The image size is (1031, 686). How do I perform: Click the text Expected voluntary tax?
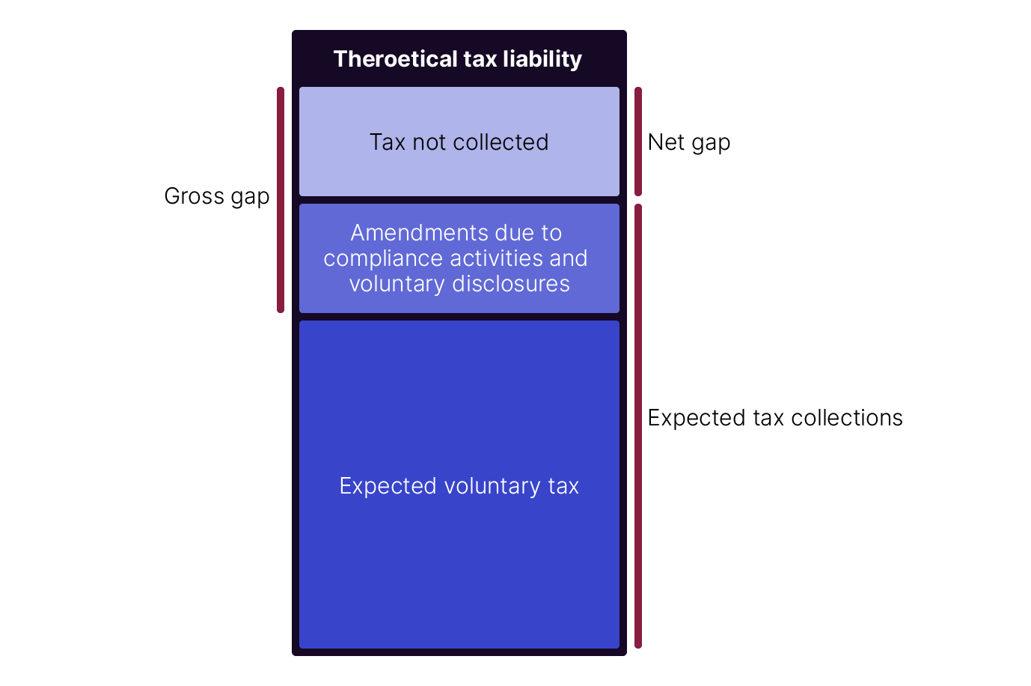[x=459, y=486]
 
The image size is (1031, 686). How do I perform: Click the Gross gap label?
[x=217, y=196]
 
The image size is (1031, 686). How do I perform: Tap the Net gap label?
[x=689, y=142]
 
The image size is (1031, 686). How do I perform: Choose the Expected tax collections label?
[x=775, y=418]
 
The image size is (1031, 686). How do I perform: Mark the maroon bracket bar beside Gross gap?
[x=281, y=200]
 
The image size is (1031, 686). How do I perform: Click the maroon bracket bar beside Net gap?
[x=638, y=142]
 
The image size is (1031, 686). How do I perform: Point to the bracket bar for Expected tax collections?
[x=638, y=425]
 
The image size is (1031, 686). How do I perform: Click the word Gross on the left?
[x=195, y=196]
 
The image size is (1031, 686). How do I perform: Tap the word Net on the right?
[x=666, y=142]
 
